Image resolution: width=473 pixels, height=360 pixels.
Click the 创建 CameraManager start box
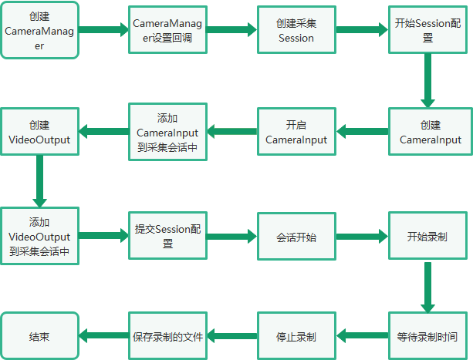pos(40,30)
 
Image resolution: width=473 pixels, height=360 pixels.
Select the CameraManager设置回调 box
pos(167,30)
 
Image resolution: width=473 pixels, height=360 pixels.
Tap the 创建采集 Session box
pos(296,30)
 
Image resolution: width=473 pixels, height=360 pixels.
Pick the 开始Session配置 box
pos(427,30)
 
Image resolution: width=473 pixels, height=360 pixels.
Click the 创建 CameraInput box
pos(431,132)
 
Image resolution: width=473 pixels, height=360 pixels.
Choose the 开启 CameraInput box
pos(296,132)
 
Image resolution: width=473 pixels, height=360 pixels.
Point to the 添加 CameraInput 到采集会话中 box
pos(167,132)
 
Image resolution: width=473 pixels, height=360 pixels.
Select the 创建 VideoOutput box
pos(40,132)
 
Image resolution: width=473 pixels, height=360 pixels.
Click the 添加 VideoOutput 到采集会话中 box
pos(40,236)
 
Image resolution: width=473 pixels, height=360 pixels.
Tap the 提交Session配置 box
pos(167,236)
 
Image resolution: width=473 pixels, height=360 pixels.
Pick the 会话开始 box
pos(296,236)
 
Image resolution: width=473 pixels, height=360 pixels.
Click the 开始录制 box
pos(427,236)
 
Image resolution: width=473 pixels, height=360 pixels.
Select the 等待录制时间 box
pos(427,336)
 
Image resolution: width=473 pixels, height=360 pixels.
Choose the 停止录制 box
pos(296,336)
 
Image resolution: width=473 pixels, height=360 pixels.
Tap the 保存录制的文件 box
pos(167,336)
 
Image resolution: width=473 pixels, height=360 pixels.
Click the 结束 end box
pos(40,336)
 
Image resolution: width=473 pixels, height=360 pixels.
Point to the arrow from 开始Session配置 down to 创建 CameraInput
pos(427,81)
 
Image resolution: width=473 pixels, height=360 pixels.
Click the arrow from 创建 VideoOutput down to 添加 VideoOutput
pos(39,181)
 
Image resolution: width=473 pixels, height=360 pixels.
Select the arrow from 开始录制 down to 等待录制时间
pos(427,288)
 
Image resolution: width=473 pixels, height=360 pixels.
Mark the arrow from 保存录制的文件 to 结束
pos(103,335)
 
